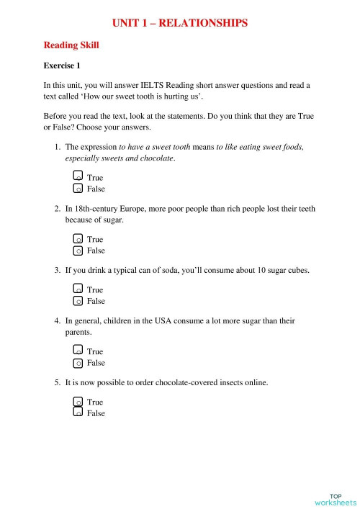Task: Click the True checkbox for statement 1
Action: [x=78, y=176]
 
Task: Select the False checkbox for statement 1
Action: [x=78, y=189]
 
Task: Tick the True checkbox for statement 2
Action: [x=78, y=238]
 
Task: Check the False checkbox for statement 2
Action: [x=78, y=251]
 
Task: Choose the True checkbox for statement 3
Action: [x=78, y=289]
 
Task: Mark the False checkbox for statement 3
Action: [x=78, y=302]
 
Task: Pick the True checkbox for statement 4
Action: [x=78, y=351]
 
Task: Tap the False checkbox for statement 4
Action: [x=78, y=364]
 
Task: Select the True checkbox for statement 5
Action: [x=78, y=402]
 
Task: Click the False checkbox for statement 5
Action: [x=78, y=413]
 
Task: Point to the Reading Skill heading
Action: [x=71, y=45]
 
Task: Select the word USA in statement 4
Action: [x=171, y=321]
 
